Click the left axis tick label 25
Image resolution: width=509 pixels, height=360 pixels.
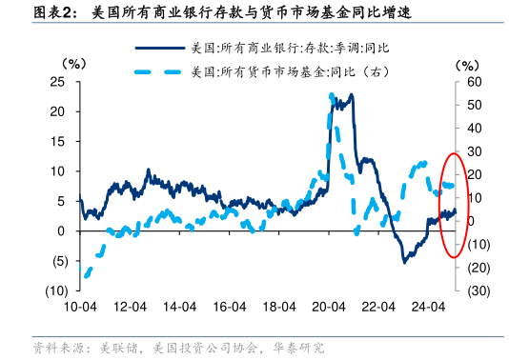(58, 82)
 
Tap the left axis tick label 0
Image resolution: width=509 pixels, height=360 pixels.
(62, 231)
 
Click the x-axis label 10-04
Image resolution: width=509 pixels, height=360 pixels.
(80, 307)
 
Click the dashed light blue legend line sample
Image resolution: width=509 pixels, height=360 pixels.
(159, 70)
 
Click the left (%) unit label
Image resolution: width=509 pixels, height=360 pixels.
(73, 64)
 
